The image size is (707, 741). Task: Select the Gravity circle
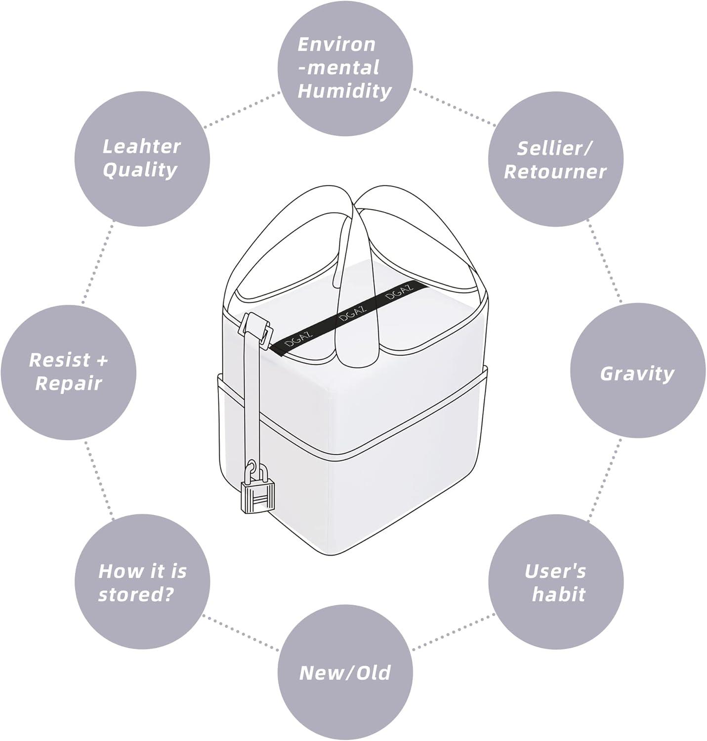pos(637,371)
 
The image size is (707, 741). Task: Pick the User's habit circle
pos(556,583)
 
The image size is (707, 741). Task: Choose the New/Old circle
pos(345,673)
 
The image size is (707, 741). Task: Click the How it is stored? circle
pos(142,583)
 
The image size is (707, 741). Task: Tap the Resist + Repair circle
pos(68,372)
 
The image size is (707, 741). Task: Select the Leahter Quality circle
pos(142,159)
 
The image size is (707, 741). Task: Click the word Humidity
pos(345,91)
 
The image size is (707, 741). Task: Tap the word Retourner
pos(555,171)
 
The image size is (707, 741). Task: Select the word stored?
pos(136,594)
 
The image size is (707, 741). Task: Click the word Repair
pos(68,383)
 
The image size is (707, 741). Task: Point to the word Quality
pos(140,170)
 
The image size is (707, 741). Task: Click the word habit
pos(558,594)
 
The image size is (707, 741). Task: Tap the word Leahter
pos(142,147)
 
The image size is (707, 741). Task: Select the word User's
pos(555,572)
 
